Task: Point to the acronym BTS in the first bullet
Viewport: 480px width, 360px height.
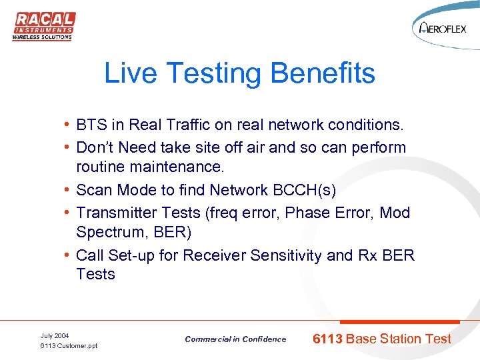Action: tap(91, 125)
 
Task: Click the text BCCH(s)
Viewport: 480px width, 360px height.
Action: tap(304, 190)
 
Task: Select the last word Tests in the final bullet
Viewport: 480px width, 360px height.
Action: tap(95, 274)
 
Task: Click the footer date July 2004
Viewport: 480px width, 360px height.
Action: tap(55, 335)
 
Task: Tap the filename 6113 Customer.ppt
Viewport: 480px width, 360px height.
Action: tap(69, 345)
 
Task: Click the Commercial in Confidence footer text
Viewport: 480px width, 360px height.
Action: tap(235, 339)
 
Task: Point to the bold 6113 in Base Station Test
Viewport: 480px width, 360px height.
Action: tap(327, 339)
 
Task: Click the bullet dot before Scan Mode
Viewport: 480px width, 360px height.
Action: tap(68, 191)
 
